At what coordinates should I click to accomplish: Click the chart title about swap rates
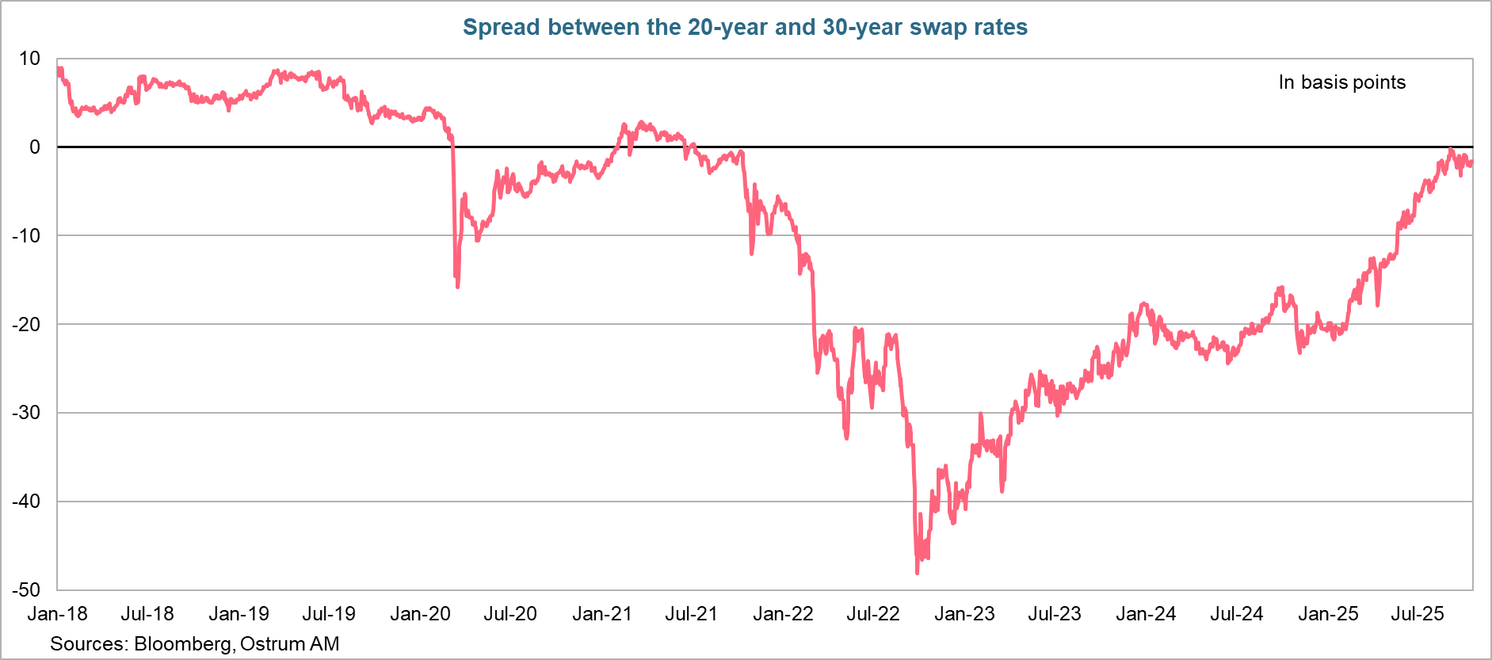coord(745,27)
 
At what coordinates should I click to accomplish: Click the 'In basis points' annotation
coord(1341,82)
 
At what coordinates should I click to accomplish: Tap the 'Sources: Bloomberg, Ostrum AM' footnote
coord(194,643)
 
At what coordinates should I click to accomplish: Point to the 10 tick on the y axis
coord(29,59)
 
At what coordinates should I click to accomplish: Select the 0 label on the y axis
coord(34,147)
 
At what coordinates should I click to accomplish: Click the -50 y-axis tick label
coord(25,589)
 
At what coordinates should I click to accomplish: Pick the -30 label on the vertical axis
coord(25,413)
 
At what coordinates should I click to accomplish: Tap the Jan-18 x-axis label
coord(57,614)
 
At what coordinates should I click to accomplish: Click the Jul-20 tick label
coord(510,614)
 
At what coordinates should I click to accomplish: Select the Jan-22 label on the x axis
coord(783,614)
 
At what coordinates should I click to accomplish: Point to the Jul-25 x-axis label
coord(1418,614)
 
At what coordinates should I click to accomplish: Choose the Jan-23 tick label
coord(964,614)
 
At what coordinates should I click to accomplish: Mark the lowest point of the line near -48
coord(918,572)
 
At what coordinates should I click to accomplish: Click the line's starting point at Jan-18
coord(59,70)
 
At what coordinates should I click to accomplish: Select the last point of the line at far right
coord(1471,163)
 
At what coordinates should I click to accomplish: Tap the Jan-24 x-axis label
coord(1146,614)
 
